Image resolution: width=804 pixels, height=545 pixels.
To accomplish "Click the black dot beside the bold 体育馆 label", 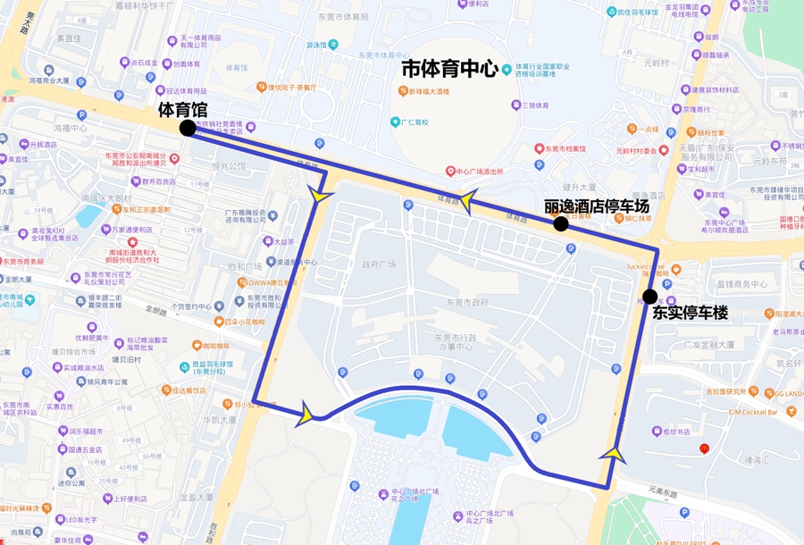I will [188, 129].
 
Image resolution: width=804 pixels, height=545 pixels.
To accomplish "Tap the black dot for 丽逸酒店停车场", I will [561, 223].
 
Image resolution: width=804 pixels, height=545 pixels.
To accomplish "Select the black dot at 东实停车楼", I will [649, 297].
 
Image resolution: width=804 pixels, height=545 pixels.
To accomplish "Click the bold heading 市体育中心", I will [449, 69].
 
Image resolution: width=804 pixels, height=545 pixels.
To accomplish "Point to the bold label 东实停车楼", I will [690, 314].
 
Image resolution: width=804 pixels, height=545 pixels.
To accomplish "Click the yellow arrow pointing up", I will [613, 454].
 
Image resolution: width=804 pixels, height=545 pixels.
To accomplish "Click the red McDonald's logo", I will [705, 448].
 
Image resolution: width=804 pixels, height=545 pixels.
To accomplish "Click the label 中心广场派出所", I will [481, 171].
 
